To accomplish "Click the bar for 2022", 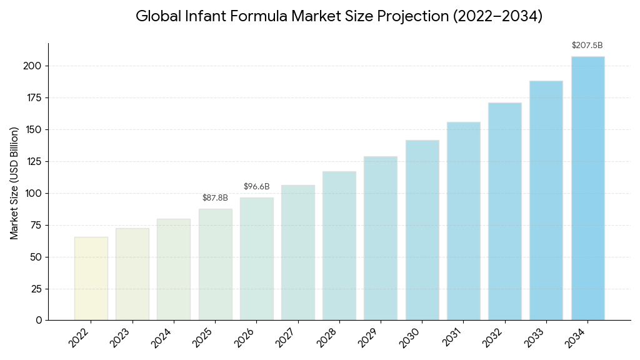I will pyautogui.click(x=91, y=279).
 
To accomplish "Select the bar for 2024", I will pyautogui.click(x=174, y=269).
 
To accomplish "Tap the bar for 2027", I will pyautogui.click(x=298, y=252).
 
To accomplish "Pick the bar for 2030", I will pyautogui.click(x=422, y=230).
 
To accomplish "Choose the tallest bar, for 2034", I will pyautogui.click(x=587, y=188).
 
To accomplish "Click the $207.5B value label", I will pyautogui.click(x=587, y=46).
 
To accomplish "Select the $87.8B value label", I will pyautogui.click(x=215, y=198).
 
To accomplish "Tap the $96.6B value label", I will pyautogui.click(x=256, y=187).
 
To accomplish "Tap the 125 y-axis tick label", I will pyautogui.click(x=34, y=161).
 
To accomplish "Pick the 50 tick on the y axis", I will pyautogui.click(x=36, y=257).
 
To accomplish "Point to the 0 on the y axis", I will pyautogui.click(x=39, y=320).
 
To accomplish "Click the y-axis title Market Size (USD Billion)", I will pyautogui.click(x=14, y=182).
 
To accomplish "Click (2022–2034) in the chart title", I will pyautogui.click(x=497, y=16).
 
